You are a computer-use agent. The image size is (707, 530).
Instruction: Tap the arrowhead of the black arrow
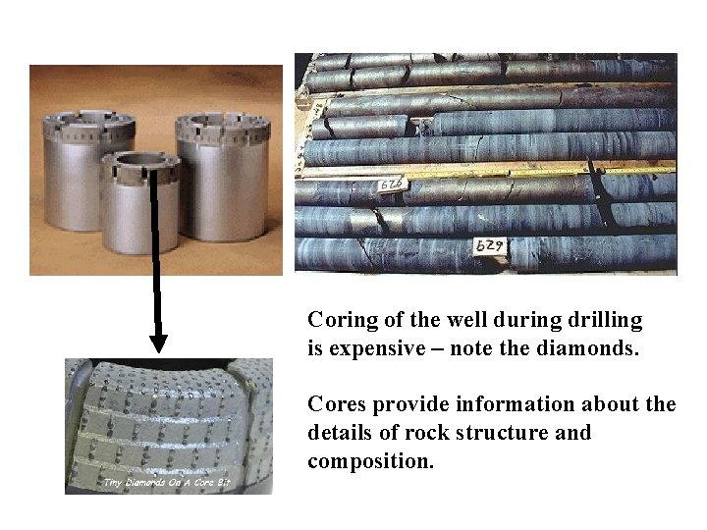(x=158, y=343)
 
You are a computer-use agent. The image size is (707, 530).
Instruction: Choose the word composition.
(x=369, y=460)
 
